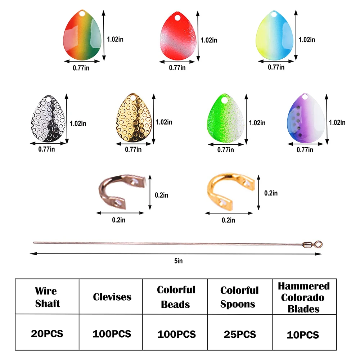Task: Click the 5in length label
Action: (x=178, y=261)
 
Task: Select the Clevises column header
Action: (x=112, y=297)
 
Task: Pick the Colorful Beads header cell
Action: (x=176, y=297)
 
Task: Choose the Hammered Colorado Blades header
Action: (x=303, y=297)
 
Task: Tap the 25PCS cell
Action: (x=239, y=334)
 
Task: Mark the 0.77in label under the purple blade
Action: (x=304, y=151)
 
